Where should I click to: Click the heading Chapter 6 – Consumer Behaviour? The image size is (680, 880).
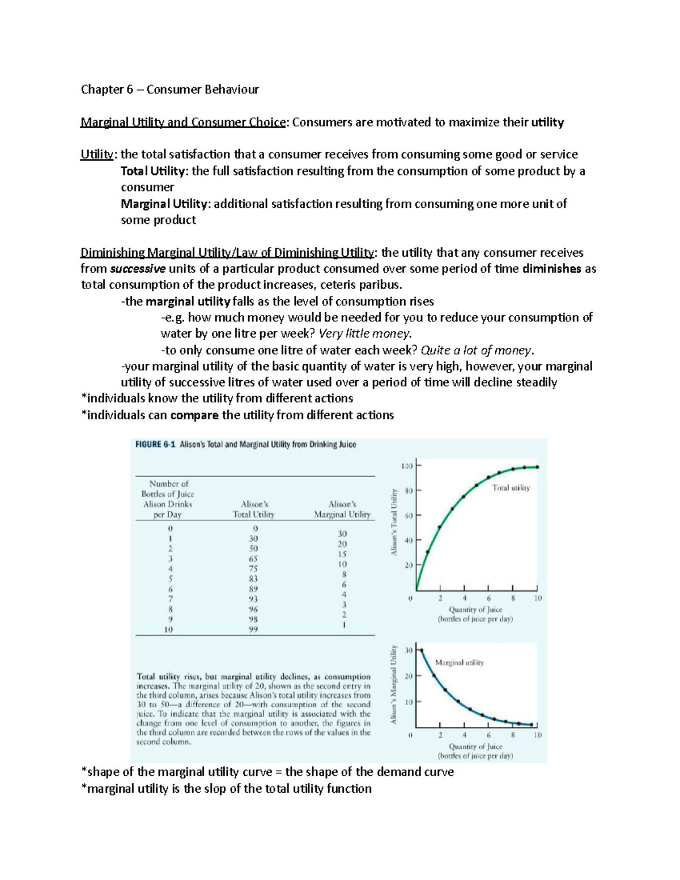coord(169,90)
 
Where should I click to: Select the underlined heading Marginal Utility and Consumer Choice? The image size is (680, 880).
coord(182,122)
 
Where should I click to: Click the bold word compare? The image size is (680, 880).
coord(194,415)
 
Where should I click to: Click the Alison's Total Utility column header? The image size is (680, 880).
coord(254,509)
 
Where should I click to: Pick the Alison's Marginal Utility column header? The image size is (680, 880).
coord(342,509)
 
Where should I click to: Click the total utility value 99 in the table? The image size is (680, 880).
coord(253,630)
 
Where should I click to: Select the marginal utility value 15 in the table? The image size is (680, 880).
coord(342,554)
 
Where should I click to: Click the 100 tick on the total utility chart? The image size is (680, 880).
coord(406,466)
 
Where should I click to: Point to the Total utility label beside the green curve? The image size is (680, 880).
coord(511,488)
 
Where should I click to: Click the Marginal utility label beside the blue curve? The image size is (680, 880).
coord(459,662)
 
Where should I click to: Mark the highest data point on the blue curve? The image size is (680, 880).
coord(421,651)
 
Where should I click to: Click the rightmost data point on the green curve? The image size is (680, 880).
coord(537,467)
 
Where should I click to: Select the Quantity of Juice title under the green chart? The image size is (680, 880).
coord(475,610)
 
